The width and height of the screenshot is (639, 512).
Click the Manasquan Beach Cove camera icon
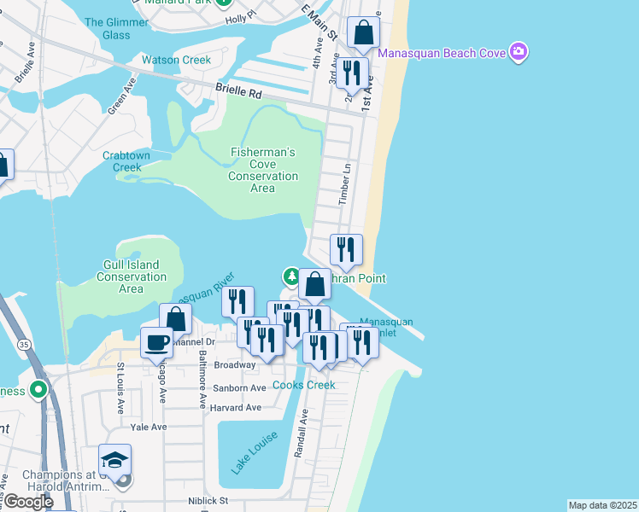coord(518,53)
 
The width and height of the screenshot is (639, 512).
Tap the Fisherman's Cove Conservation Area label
coord(263,170)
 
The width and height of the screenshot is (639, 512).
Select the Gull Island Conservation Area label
coord(131,276)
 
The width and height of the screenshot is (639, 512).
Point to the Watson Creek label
coord(176,60)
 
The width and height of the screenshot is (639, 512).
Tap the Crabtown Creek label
coord(126,161)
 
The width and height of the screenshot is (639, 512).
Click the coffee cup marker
coord(156,343)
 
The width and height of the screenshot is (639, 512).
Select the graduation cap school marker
coord(114,461)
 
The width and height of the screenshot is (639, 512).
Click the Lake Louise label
coord(254,452)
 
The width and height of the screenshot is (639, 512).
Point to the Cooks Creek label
coord(303,385)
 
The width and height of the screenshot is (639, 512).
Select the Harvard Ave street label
coord(236,407)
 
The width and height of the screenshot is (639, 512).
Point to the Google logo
coord(27,502)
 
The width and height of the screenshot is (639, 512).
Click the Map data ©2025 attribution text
coord(602,505)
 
